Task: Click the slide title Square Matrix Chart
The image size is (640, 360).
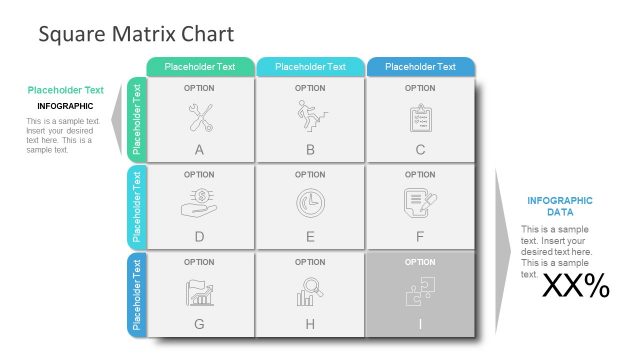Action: click(x=136, y=34)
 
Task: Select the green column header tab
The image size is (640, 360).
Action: click(x=199, y=67)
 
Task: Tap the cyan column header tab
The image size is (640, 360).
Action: click(x=310, y=67)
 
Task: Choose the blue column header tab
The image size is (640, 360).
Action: click(x=420, y=67)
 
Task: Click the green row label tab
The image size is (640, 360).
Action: click(x=137, y=120)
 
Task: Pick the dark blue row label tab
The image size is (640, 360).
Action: click(x=137, y=296)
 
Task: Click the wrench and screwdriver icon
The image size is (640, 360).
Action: click(x=200, y=118)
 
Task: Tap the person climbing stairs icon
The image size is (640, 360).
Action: click(x=310, y=117)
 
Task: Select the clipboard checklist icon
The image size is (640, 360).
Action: click(x=420, y=118)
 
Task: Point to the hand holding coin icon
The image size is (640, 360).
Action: click(x=200, y=203)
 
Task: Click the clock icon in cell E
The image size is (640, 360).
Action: click(x=310, y=203)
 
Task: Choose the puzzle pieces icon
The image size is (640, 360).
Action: click(x=419, y=291)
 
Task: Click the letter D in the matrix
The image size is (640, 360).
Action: click(x=200, y=237)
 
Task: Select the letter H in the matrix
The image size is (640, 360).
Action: click(x=310, y=324)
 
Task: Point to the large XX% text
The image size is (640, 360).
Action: click(x=575, y=287)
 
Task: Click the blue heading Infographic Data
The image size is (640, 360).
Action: click(x=559, y=206)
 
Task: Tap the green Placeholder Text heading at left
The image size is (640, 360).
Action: click(x=65, y=90)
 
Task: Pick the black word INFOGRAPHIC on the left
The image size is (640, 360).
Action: click(x=65, y=106)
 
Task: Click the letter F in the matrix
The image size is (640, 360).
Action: click(x=420, y=237)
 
